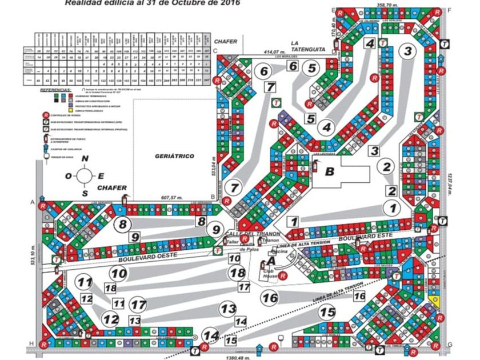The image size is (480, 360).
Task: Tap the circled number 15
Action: click(327, 312)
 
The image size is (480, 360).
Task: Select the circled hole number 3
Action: click(407, 51)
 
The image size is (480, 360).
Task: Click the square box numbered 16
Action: click(359, 296)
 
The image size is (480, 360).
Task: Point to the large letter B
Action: click(329, 170)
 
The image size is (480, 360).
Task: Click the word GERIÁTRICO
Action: click(174, 156)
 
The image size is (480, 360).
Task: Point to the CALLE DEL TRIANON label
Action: click(252, 235)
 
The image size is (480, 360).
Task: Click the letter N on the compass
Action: click(85, 159)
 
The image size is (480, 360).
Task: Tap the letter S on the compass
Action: click(85, 193)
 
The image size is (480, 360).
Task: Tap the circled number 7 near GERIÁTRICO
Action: click(234, 187)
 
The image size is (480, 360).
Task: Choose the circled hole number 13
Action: click(228, 309)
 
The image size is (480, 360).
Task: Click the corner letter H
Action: click(31, 345)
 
